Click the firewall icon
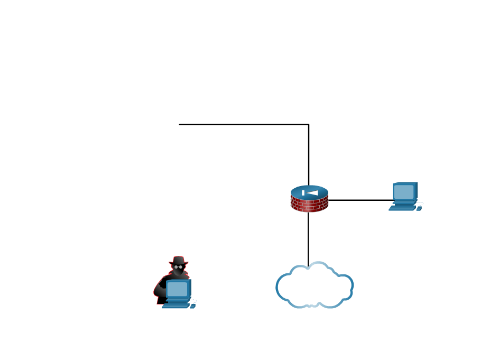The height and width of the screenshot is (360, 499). (x=309, y=199)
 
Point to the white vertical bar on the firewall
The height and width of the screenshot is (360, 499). (x=303, y=193)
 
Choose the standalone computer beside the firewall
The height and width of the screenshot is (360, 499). (x=405, y=196)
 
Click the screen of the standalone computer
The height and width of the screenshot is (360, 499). (x=403, y=191)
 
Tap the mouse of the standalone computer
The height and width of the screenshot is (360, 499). (x=419, y=208)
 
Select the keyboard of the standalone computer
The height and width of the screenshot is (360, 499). (x=402, y=208)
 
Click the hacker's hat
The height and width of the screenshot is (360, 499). (x=178, y=261)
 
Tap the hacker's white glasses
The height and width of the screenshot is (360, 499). (x=179, y=267)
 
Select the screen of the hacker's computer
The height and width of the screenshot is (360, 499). (x=177, y=289)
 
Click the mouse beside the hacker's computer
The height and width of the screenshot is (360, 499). (x=192, y=306)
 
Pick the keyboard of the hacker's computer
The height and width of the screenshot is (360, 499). (x=175, y=306)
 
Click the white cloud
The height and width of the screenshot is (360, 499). (x=315, y=286)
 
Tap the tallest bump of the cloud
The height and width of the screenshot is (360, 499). (x=317, y=267)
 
